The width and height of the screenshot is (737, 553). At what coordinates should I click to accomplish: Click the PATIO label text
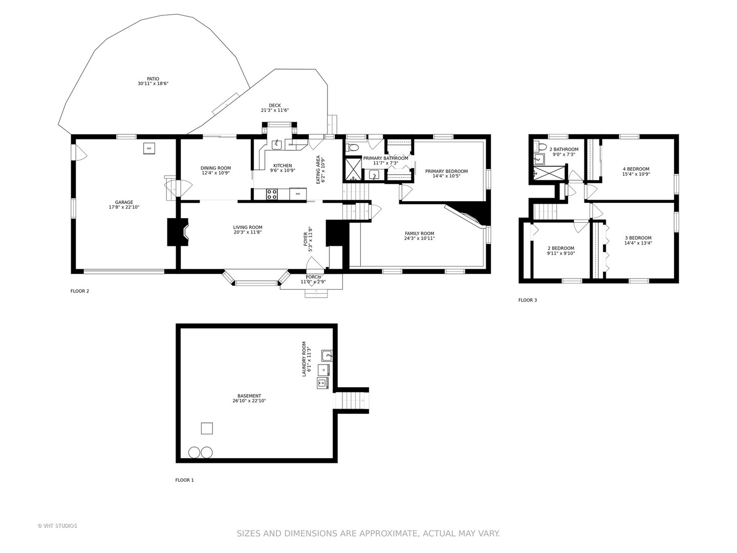[153, 79]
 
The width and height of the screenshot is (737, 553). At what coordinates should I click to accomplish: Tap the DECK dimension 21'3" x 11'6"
[275, 110]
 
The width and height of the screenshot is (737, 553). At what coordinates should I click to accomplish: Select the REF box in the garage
[149, 148]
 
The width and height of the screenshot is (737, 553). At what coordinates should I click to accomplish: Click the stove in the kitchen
[272, 194]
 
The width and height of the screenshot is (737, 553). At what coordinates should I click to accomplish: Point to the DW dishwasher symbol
[290, 145]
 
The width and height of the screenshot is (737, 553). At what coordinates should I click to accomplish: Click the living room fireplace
[178, 232]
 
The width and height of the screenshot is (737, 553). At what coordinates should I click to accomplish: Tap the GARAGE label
[124, 202]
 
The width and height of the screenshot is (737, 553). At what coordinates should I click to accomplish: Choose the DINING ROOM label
[215, 168]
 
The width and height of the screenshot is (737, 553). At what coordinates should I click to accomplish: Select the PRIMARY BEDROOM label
[446, 171]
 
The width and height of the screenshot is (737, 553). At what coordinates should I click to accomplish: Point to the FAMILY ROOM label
[419, 233]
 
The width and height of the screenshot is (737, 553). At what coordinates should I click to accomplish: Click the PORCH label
[313, 277]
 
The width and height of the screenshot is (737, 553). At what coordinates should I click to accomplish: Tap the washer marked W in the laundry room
[322, 383]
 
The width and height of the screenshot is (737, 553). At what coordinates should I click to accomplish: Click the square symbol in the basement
[207, 428]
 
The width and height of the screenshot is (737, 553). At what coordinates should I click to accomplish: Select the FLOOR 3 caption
[528, 300]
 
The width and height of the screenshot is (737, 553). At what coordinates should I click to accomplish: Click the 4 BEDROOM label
[636, 169]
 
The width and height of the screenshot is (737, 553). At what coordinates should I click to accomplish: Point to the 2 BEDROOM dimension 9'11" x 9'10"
[561, 253]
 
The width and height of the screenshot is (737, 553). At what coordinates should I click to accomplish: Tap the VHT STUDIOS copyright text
[57, 526]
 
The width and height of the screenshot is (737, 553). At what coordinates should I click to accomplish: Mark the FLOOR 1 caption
[184, 480]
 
